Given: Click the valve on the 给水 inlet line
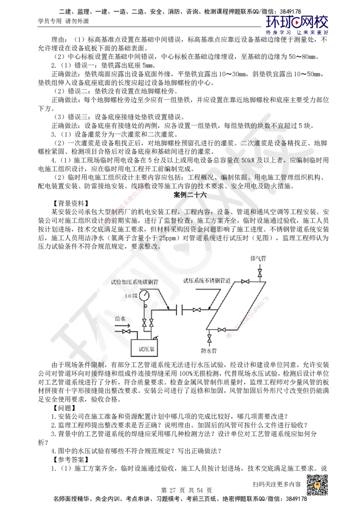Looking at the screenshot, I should (126, 332).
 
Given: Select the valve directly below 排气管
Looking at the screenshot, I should (260, 273).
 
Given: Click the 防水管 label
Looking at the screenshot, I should (209, 349).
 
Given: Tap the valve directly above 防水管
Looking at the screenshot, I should (209, 337).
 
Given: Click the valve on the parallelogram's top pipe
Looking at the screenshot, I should (245, 282).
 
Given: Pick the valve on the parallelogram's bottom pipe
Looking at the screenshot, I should (221, 330).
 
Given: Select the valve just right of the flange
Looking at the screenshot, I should (197, 310).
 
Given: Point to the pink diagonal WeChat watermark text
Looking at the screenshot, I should (127, 202).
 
